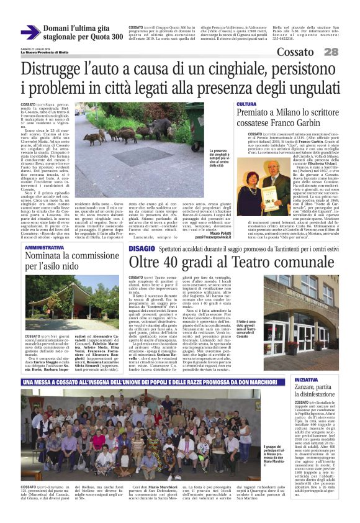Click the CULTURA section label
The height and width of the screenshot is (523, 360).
click(246, 104)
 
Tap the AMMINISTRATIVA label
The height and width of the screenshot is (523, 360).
click(44, 248)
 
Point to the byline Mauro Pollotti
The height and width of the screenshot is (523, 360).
click(217, 232)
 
